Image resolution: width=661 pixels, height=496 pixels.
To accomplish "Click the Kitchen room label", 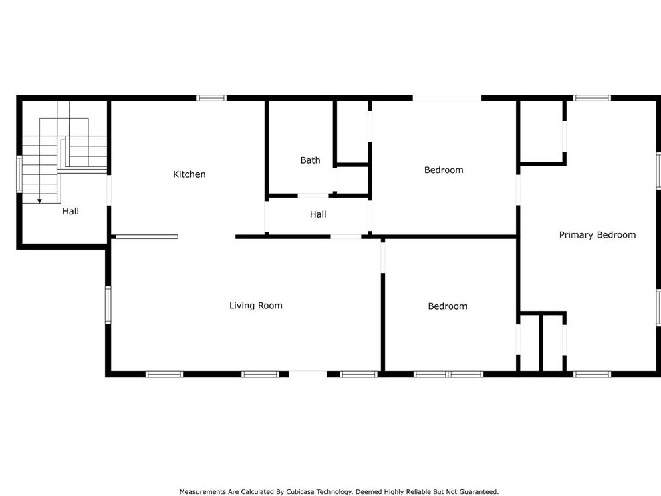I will (x=189, y=174).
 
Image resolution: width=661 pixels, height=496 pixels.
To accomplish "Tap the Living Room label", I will (x=255, y=306).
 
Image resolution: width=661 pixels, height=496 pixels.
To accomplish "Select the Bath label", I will (x=310, y=160).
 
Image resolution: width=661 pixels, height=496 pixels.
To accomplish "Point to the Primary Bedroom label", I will (x=597, y=235).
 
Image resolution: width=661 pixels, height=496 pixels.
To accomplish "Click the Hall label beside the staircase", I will (x=70, y=211).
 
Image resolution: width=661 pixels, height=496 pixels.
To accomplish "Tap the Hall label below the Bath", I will (x=318, y=214).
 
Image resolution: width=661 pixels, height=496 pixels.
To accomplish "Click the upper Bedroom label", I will (x=443, y=170).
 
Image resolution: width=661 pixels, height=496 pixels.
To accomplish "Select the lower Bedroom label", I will (x=447, y=306).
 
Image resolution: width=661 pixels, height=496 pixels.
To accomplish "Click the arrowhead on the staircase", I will (x=39, y=200).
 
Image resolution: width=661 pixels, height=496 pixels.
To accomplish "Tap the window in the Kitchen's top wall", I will (x=211, y=98).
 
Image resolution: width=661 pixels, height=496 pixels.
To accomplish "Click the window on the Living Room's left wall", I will (x=108, y=305).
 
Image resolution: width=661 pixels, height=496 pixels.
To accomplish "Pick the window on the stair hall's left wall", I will (x=19, y=174).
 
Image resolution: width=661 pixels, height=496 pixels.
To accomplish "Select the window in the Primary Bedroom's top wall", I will (x=591, y=98).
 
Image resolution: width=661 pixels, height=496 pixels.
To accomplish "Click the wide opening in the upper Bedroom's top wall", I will (x=446, y=98).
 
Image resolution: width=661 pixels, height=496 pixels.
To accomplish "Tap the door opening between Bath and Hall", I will (x=313, y=196).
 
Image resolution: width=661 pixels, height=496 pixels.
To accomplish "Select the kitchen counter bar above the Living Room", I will (x=146, y=236).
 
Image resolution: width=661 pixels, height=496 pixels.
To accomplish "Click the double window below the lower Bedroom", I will (x=448, y=374).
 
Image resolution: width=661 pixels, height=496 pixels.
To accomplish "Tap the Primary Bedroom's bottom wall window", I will (x=592, y=374).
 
